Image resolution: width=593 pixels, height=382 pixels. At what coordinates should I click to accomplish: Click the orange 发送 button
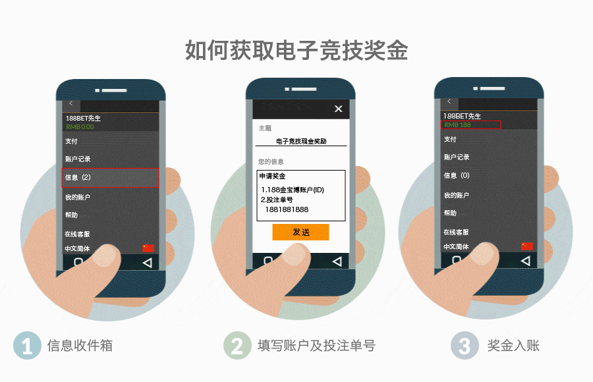tap(300, 232)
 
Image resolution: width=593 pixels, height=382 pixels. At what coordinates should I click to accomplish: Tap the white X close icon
tap(339, 109)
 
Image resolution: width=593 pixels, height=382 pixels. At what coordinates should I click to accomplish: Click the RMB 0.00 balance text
tap(80, 126)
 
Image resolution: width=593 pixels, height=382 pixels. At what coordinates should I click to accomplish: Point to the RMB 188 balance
tap(457, 124)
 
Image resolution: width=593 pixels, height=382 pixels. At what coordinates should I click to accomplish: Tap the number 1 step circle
tap(27, 346)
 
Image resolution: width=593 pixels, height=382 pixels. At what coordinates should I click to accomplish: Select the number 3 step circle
tap(465, 346)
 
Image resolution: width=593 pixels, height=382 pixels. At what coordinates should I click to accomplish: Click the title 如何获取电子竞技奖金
tap(296, 50)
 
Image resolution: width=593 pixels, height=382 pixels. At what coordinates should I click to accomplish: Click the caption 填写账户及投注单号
tap(316, 346)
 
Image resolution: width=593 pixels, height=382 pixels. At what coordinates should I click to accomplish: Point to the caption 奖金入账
tap(513, 346)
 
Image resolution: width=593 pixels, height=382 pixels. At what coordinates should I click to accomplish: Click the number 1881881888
tap(287, 210)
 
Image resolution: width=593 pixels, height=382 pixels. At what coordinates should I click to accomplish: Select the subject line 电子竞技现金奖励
tap(301, 141)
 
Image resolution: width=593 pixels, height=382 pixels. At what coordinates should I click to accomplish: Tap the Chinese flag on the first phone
tap(148, 248)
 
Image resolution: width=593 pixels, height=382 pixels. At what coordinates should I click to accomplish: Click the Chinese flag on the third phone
tap(527, 246)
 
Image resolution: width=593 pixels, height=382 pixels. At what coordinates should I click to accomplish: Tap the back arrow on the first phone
tap(71, 104)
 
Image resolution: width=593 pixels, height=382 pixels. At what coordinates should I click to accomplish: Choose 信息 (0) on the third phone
tap(457, 176)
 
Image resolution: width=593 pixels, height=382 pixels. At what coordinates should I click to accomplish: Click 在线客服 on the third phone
tap(456, 232)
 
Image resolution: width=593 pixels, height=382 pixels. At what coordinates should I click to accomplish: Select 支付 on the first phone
tap(71, 141)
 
